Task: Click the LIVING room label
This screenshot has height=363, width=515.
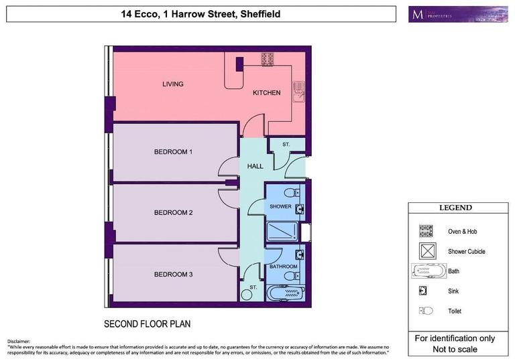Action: click(x=172, y=84)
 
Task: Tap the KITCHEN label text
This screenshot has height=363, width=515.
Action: click(x=266, y=92)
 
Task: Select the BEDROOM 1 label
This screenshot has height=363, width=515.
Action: click(x=173, y=152)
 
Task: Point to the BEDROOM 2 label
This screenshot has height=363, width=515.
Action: click(x=173, y=213)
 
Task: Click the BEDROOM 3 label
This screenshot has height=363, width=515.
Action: click(x=173, y=275)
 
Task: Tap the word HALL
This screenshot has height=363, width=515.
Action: click(x=255, y=166)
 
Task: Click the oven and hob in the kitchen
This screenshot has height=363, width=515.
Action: click(x=269, y=60)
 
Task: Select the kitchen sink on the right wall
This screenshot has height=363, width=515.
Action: click(x=298, y=90)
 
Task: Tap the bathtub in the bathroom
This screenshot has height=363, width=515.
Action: click(x=284, y=293)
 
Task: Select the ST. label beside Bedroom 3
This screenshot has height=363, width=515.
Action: click(x=253, y=287)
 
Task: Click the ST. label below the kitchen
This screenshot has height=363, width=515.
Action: click(x=284, y=144)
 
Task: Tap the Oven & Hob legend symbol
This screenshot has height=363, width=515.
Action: click(x=426, y=231)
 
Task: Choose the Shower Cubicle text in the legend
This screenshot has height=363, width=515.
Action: click(x=466, y=252)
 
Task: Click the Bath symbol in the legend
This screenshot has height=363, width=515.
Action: click(x=426, y=271)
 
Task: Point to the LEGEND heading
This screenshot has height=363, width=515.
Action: click(x=455, y=208)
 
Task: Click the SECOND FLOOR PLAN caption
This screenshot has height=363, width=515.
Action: click(x=147, y=324)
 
